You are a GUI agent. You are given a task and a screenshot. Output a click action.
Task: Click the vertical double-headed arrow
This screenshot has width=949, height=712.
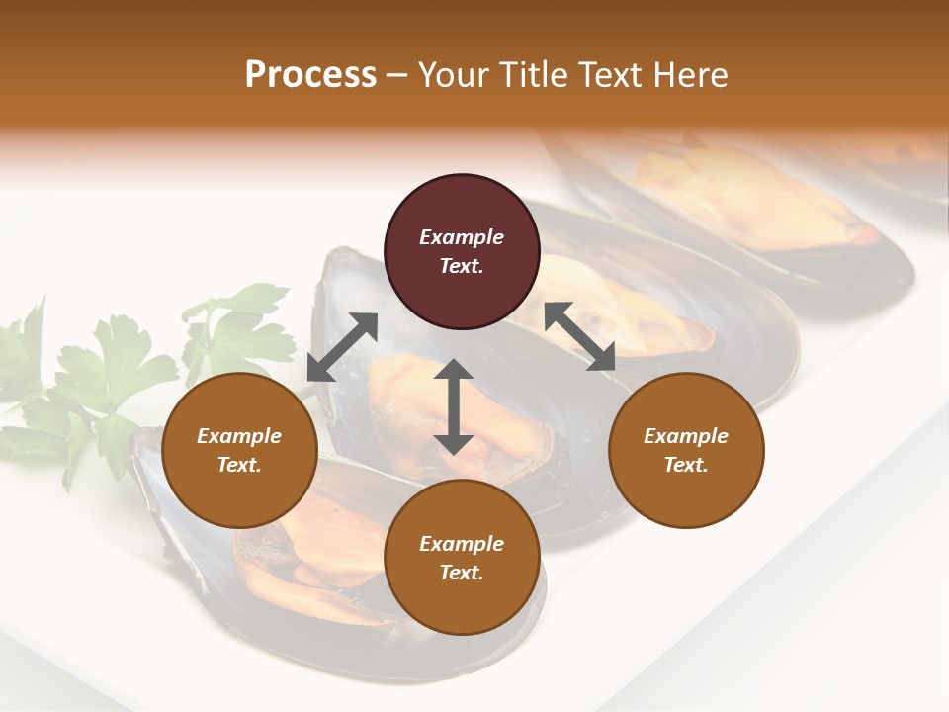(454, 406)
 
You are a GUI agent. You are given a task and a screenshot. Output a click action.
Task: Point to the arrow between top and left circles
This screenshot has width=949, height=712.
(342, 347)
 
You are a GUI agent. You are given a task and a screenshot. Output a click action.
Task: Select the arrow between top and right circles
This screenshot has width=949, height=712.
(579, 336)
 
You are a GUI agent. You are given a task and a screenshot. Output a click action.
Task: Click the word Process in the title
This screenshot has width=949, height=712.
(310, 75)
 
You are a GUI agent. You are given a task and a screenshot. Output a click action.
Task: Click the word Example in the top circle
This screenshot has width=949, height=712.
(462, 237)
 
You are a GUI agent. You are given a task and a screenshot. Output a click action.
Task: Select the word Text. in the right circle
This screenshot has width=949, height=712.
(686, 465)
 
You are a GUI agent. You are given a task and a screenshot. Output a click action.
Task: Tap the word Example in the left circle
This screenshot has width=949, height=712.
(239, 436)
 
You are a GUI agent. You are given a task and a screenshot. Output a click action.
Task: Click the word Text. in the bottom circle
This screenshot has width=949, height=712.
(462, 573)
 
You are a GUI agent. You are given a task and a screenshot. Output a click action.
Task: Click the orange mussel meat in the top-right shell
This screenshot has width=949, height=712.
(751, 198)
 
